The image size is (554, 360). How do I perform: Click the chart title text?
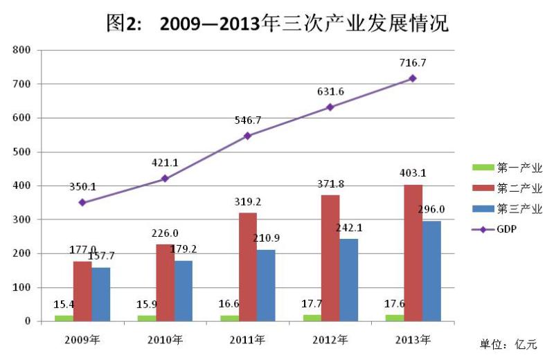pyautogui.click(x=277, y=24)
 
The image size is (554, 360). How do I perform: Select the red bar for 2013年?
pyautogui.click(x=413, y=253)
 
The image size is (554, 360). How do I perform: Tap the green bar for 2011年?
pyautogui.click(x=229, y=318)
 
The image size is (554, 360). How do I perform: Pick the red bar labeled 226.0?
pyautogui.click(x=165, y=282)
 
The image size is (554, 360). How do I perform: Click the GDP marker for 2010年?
pyautogui.click(x=165, y=179)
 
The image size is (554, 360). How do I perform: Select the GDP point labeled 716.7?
pyautogui.click(x=413, y=78)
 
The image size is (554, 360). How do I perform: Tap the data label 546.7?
pyautogui.click(x=248, y=120)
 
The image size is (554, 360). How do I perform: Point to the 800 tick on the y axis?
pyautogui.click(x=22, y=51)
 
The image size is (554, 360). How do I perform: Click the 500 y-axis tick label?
pyautogui.click(x=22, y=152)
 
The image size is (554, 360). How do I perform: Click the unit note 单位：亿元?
pyautogui.click(x=508, y=344)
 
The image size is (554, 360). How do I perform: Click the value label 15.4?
pyautogui.click(x=64, y=305)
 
